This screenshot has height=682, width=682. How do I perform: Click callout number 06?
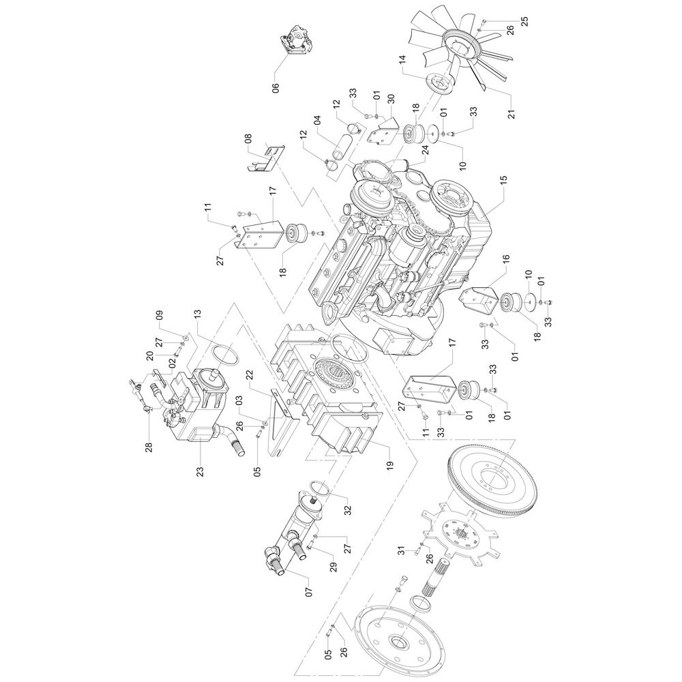click(x=276, y=87)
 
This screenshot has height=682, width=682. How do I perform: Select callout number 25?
click(x=524, y=21)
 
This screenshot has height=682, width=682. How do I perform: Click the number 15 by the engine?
click(x=504, y=181)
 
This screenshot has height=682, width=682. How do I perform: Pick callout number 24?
click(x=425, y=149)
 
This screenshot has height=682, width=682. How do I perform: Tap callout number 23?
click(x=200, y=471)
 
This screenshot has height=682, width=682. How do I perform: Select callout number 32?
click(x=348, y=509)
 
